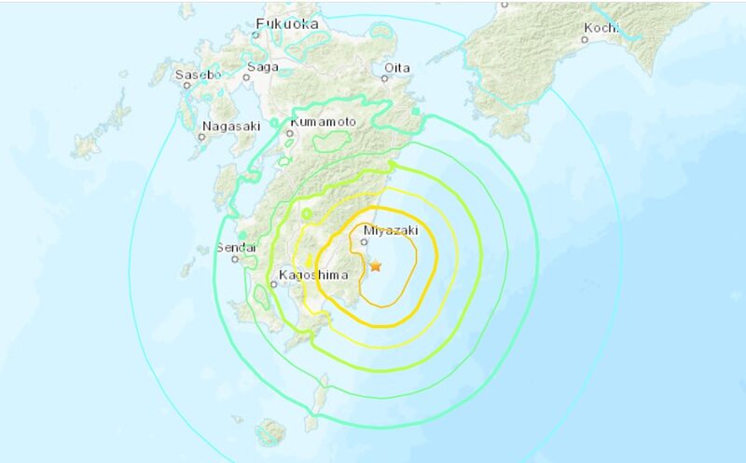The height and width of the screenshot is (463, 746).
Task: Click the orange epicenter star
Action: (x=375, y=266)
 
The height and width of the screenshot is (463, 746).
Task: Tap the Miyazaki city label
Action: (x=390, y=229)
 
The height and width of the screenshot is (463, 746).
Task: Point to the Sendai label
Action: (x=234, y=248)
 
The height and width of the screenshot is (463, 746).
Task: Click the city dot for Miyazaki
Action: (x=365, y=242)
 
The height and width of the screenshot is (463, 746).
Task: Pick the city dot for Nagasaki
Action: (x=201, y=136)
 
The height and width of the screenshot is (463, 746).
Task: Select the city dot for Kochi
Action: (x=587, y=39)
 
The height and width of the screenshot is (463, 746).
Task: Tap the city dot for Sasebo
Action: (x=186, y=85)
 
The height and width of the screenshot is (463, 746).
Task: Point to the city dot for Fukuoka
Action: (x=256, y=35)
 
